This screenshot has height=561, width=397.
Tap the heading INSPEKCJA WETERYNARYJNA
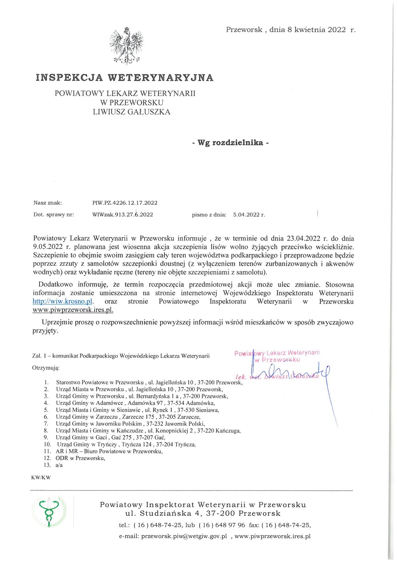click(x=125, y=78)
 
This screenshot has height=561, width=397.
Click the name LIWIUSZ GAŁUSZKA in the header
click(x=131, y=112)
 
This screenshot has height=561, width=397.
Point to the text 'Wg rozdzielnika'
click(x=230, y=143)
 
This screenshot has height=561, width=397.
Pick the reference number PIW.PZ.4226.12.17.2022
click(x=125, y=203)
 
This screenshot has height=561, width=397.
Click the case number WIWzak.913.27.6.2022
click(x=122, y=215)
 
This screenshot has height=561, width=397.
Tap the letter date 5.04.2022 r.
click(x=249, y=215)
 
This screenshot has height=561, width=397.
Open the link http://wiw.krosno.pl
click(x=63, y=302)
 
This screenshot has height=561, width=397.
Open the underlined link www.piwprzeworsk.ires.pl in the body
click(x=73, y=310)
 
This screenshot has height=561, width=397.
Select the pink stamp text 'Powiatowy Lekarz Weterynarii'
click(x=277, y=353)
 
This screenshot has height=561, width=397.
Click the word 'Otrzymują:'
click(x=46, y=368)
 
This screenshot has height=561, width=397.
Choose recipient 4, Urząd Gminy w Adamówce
click(x=135, y=403)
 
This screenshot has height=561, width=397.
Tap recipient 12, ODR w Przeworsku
click(x=80, y=458)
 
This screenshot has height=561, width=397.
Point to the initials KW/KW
click(x=41, y=477)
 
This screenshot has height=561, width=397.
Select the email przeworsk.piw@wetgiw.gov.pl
click(x=184, y=536)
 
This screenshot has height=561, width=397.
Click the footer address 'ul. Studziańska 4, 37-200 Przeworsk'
click(x=203, y=513)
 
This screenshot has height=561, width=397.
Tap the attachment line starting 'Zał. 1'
click(x=121, y=356)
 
